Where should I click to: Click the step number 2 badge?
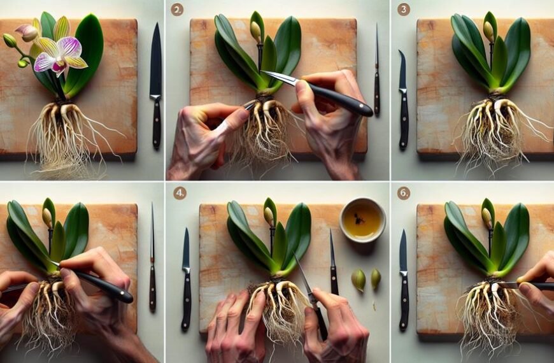pos(178,10)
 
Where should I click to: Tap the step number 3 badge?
pos(404,10)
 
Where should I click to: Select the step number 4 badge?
pos(180,193)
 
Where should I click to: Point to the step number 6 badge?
pos(404,193)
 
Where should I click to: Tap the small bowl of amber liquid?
pos(362,220)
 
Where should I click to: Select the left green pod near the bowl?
pos(359,279)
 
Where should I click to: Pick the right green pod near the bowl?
pos(376,277)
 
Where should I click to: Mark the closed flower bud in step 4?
pos(270,215)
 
